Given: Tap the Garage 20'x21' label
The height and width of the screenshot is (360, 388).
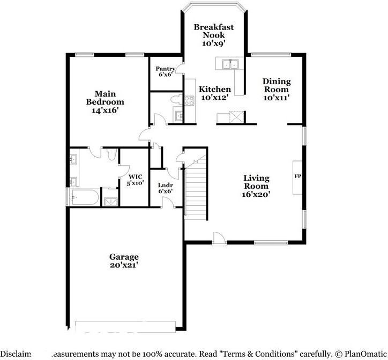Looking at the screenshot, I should pos(124,261).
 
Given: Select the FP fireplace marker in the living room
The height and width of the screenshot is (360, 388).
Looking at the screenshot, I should pos(297,177).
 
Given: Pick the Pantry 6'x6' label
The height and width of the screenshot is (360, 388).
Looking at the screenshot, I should pos(165,71).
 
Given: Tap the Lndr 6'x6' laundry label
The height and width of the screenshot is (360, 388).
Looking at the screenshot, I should pos(165,188).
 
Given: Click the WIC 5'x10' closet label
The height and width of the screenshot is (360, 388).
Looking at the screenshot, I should pos(135,180).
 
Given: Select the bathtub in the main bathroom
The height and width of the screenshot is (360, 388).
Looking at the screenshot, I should pos(84,197).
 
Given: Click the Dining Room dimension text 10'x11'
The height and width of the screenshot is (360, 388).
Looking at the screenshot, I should pos(277,98).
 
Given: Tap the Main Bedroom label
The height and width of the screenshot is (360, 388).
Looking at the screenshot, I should pos(105,101).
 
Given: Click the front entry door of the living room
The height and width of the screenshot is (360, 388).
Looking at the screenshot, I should pos(218,238).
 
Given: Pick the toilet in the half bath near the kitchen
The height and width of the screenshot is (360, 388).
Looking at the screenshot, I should pos(174,99).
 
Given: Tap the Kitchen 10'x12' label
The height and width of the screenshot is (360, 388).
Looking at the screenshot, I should pos(215,93).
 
